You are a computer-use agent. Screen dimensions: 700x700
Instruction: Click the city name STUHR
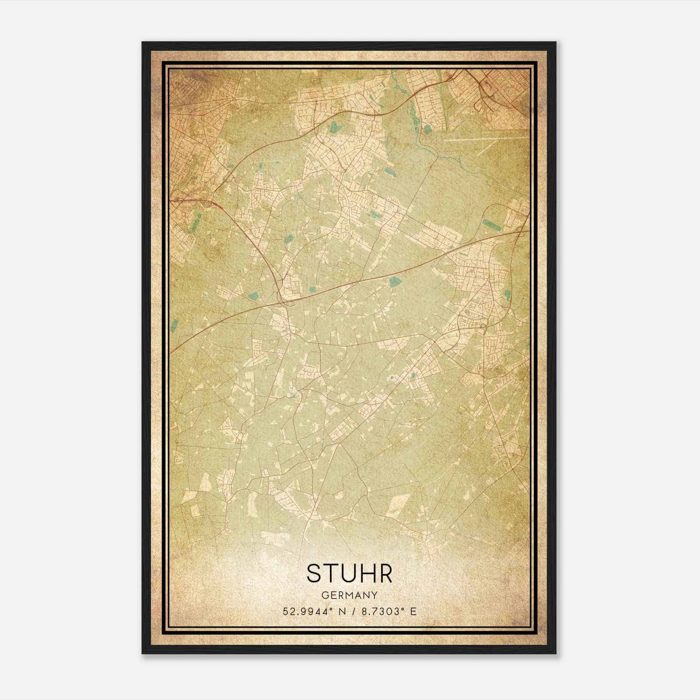tap(349, 574)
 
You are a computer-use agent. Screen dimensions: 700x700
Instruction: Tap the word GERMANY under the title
tap(349, 595)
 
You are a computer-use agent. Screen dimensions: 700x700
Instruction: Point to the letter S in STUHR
tap(314, 574)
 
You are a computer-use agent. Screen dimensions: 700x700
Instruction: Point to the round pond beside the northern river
tap(427, 129)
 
